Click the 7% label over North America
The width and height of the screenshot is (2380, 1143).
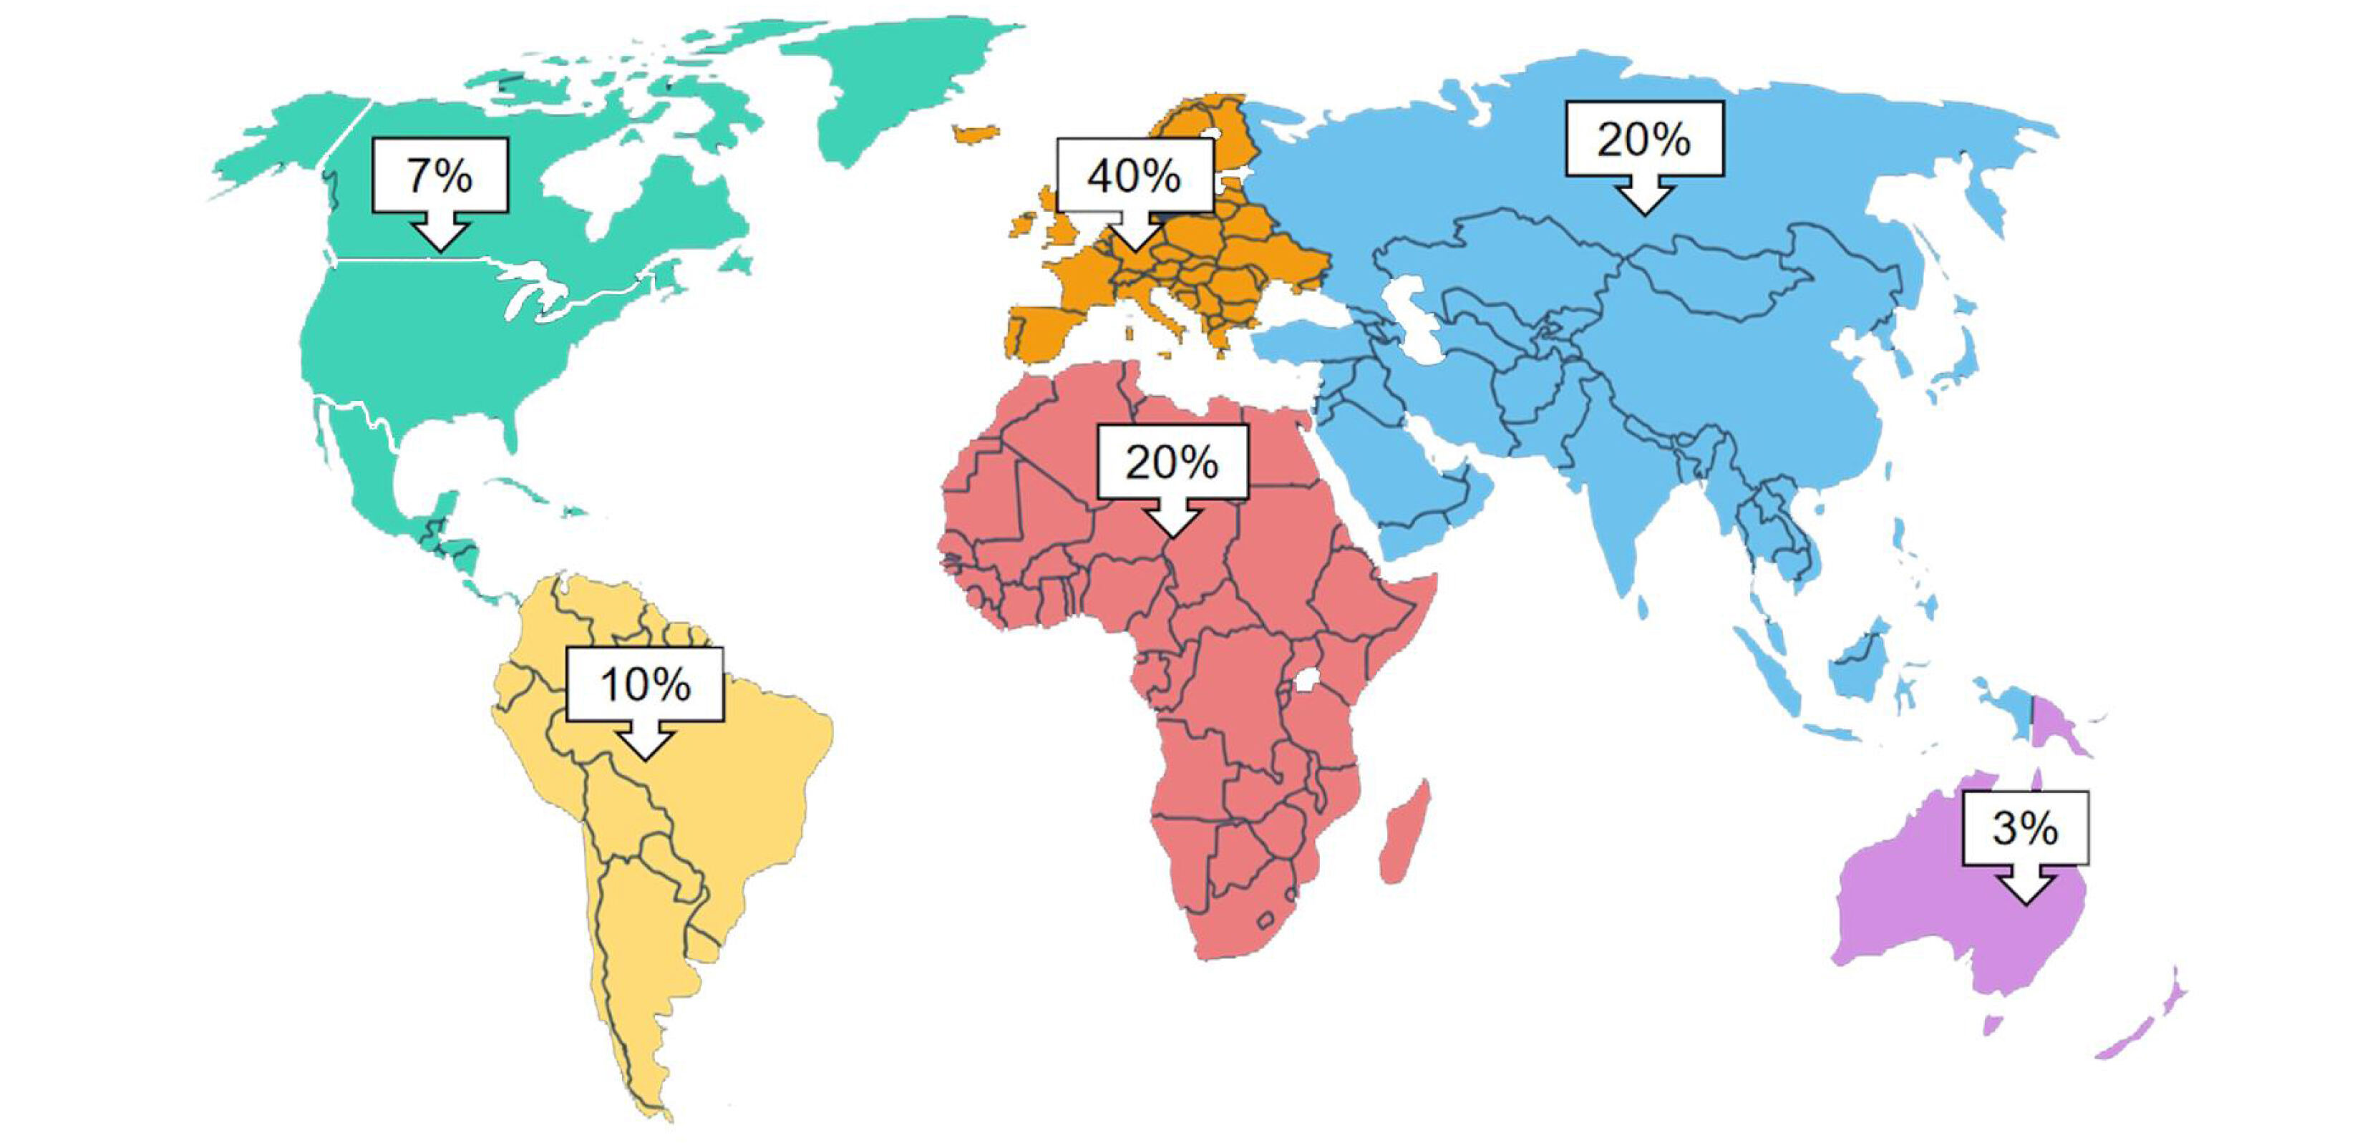point(439,175)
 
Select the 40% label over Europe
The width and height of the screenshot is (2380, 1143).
point(1134,175)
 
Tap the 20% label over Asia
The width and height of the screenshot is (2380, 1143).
point(1643,140)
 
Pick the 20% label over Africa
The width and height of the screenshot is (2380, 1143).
point(1172,462)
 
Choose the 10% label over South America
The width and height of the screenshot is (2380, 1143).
point(645,685)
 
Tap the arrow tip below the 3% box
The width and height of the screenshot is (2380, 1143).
point(2025,901)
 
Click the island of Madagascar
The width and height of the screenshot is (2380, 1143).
point(1404,832)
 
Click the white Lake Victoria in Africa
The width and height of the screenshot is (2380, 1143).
point(1306,680)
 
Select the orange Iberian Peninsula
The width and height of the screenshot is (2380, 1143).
point(1044,333)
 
